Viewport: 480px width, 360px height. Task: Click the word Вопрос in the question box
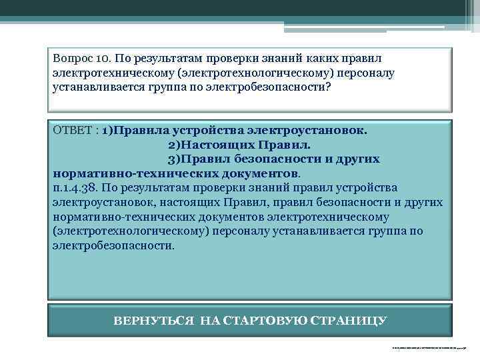pos(72,59)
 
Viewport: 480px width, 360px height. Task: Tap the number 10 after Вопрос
pos(101,59)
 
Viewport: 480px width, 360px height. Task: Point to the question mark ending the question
pos(328,87)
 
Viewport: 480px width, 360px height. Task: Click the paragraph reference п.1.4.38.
pos(77,187)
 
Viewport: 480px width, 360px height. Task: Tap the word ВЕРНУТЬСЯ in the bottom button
pos(153,321)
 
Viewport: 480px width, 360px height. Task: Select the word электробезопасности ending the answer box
pos(112,245)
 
